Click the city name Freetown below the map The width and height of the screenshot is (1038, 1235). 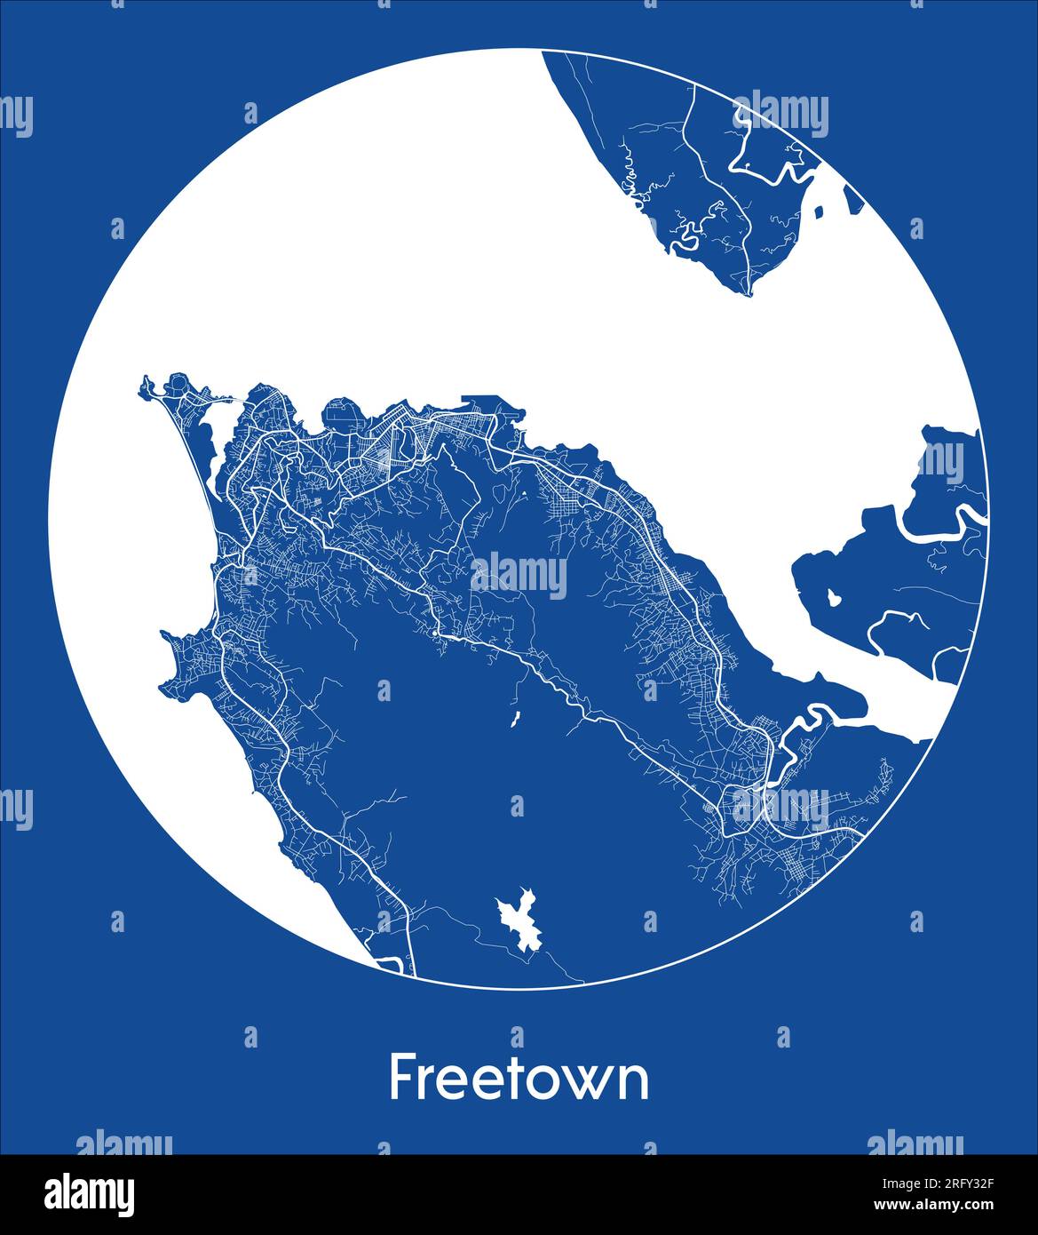(519, 1078)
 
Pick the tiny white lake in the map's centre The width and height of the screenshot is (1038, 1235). (515, 719)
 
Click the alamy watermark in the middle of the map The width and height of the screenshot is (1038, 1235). (519, 575)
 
